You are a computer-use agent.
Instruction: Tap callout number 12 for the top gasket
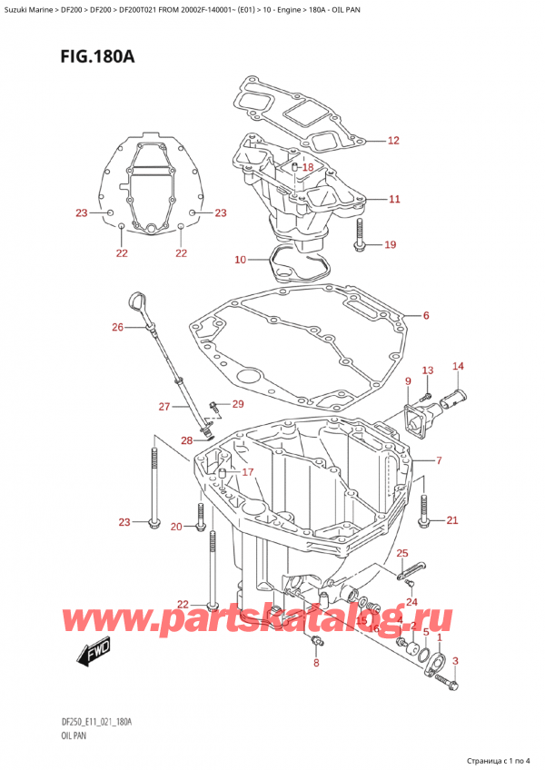pos(392,141)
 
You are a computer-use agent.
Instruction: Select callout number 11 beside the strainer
pos(392,199)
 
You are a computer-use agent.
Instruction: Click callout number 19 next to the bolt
pos(390,244)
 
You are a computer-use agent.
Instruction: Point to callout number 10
pos(239,261)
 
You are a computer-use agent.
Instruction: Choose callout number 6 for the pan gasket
pos(425,316)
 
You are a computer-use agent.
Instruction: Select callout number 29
pos(238,403)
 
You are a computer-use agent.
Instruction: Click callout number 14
pos(459,366)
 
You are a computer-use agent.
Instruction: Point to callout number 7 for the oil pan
pos(439,461)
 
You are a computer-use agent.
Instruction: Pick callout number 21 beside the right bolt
pos(451,520)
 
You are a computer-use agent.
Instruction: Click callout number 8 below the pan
pos(316,664)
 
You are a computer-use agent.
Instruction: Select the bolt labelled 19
pos(361,235)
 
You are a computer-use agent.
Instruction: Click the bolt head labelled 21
pos(423,520)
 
